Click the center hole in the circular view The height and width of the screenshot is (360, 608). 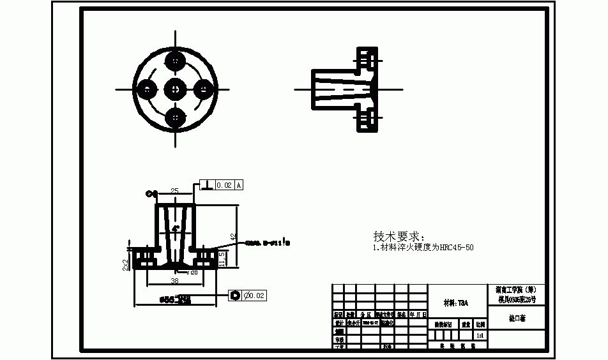[175, 89]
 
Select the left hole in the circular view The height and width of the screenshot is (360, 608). [146, 89]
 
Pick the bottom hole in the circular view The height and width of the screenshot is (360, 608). [175, 118]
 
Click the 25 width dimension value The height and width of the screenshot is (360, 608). [174, 191]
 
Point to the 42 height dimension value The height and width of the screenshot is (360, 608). [234, 236]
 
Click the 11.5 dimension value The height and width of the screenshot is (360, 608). [222, 259]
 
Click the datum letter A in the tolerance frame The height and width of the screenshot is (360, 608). [239, 185]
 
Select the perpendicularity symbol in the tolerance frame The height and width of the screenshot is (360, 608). [207, 185]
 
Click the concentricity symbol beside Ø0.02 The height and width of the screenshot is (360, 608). [235, 296]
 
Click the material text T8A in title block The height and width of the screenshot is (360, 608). [456, 303]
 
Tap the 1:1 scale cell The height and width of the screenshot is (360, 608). [480, 334]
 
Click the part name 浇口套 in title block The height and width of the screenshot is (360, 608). [517, 318]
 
